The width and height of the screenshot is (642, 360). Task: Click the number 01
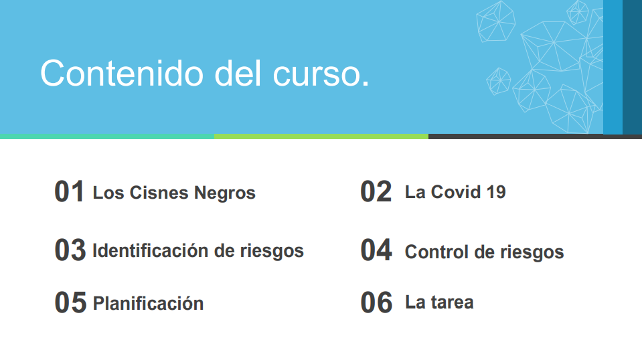pyautogui.click(x=69, y=191)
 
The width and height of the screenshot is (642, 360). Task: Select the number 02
pyautogui.click(x=376, y=191)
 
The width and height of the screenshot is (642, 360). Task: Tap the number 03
pyautogui.click(x=70, y=250)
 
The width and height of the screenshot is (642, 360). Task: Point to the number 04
pyautogui.click(x=376, y=250)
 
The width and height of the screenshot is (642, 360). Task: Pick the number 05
pyautogui.click(x=70, y=302)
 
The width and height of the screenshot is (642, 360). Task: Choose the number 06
pyautogui.click(x=376, y=302)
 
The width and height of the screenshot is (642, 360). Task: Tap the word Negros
pyautogui.click(x=225, y=193)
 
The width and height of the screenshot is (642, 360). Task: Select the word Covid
pyautogui.click(x=456, y=192)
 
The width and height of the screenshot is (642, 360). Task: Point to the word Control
pyautogui.click(x=436, y=252)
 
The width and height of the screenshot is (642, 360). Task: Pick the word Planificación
pyautogui.click(x=148, y=303)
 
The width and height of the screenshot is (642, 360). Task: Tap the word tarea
pyautogui.click(x=452, y=302)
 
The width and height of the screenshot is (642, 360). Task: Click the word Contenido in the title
pyautogui.click(x=122, y=73)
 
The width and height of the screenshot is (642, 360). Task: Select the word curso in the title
pyautogui.click(x=317, y=75)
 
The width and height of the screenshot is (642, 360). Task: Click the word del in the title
pyautogui.click(x=238, y=73)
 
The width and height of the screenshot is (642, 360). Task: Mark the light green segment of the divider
pyautogui.click(x=321, y=137)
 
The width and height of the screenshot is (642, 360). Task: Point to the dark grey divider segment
pyautogui.click(x=535, y=137)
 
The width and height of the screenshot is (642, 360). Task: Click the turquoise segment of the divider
pyautogui.click(x=107, y=137)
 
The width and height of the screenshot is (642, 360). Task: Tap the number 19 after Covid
pyautogui.click(x=496, y=192)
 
